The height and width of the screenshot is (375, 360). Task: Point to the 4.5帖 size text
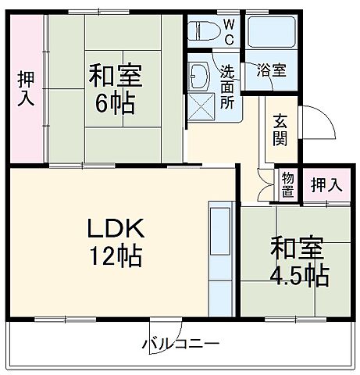[x=299, y=275]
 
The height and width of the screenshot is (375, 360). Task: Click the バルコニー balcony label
[x=180, y=344]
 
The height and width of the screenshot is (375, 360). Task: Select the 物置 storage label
[x=287, y=185]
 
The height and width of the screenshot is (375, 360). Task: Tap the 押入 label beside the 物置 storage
[x=326, y=185]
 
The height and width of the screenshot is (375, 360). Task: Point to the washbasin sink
[x=200, y=76]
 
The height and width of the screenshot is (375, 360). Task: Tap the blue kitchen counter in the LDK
[x=221, y=258]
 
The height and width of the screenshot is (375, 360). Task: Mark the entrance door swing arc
[x=312, y=125]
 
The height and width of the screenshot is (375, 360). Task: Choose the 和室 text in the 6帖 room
[x=114, y=77]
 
